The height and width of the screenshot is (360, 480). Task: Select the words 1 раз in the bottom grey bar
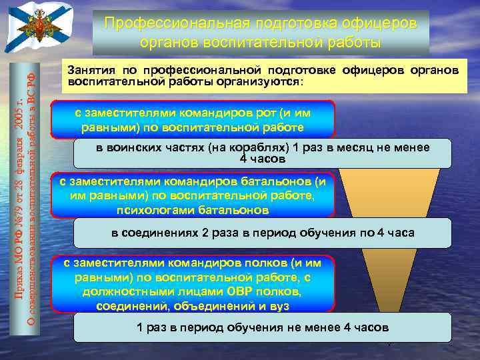[149, 328]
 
